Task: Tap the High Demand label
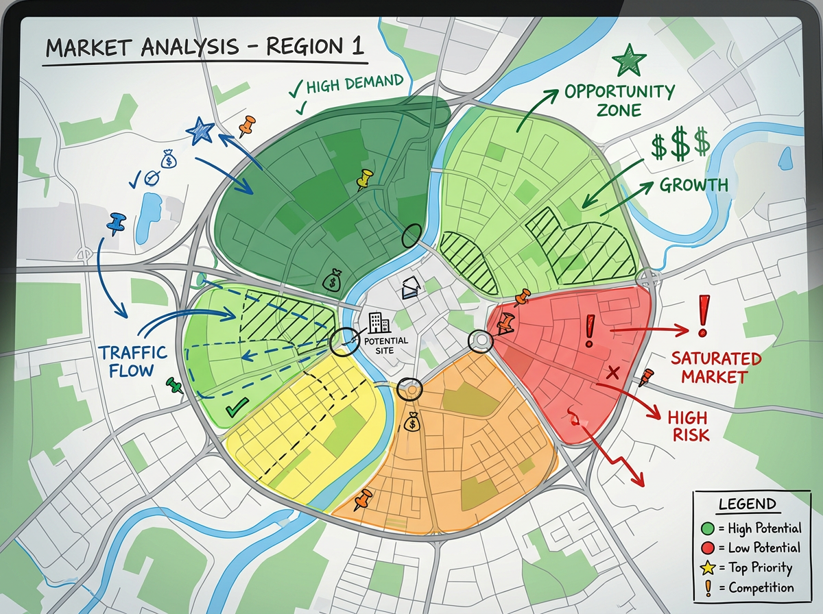[355, 84]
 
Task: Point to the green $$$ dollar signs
[680, 145]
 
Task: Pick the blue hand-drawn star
[200, 130]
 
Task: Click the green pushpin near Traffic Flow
[174, 385]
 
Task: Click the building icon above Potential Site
[377, 321]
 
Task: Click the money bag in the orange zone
[411, 423]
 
